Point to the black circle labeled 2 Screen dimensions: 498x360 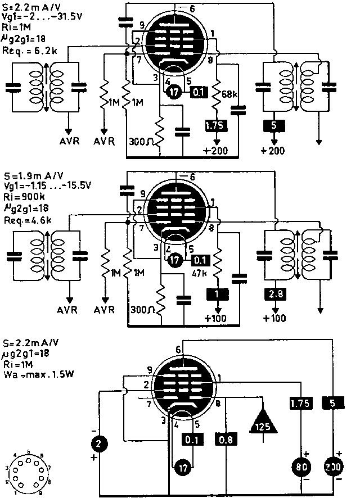coord(99,445)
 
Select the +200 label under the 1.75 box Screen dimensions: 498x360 coord(217,151)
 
